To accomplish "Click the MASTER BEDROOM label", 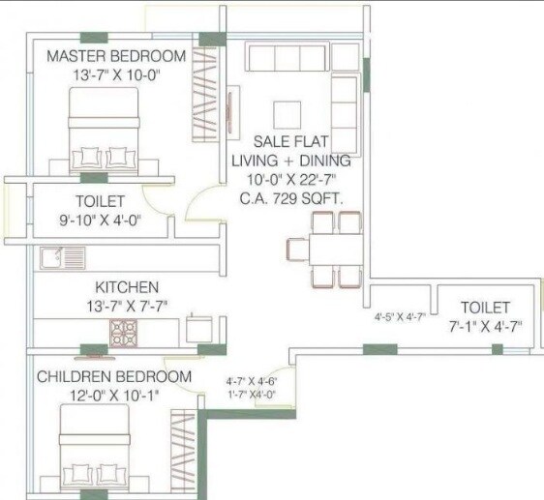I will (x=116, y=56).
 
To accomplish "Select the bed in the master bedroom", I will (x=104, y=133).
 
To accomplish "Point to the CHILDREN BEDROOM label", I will (x=114, y=375).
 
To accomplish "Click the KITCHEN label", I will (x=126, y=287).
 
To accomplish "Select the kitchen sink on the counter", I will (x=62, y=257).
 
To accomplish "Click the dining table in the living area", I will (x=324, y=250).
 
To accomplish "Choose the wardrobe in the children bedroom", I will (x=181, y=450).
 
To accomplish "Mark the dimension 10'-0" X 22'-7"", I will (x=290, y=180).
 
